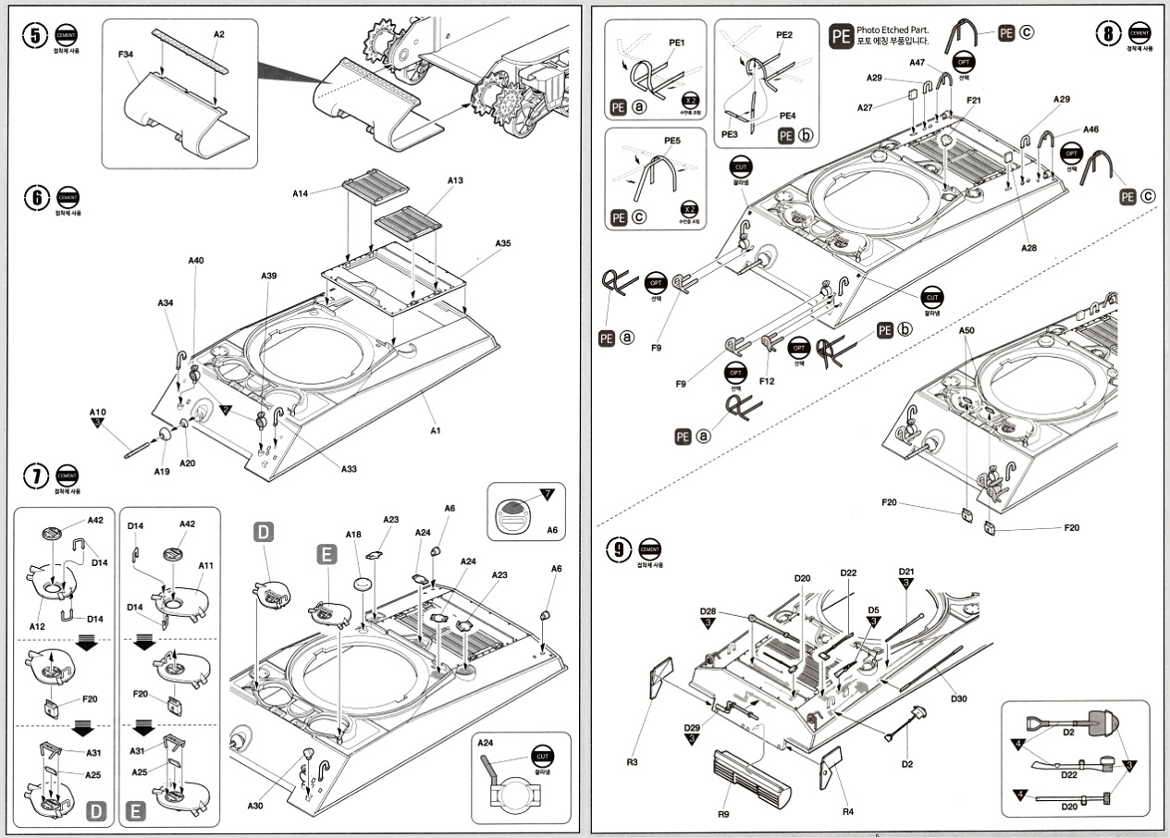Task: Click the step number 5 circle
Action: (35, 35)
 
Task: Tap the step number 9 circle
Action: (618, 550)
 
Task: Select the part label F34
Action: (128, 55)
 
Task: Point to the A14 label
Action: (300, 194)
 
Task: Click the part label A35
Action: (502, 243)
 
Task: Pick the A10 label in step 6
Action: (98, 413)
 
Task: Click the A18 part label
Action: (353, 535)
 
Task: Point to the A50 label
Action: (967, 330)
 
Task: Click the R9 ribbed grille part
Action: (749, 777)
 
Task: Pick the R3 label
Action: (632, 762)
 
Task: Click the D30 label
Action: (958, 697)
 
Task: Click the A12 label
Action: (37, 626)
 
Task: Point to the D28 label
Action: (708, 611)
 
